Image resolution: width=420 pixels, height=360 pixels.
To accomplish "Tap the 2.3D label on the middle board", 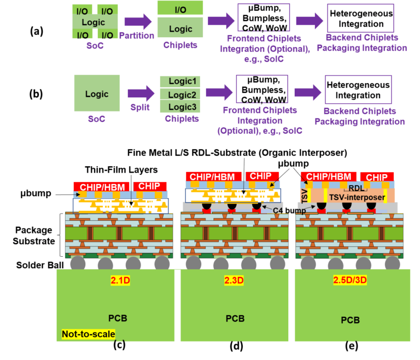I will coord(233,281).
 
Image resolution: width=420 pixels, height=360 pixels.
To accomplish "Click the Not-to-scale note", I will coord(88,334).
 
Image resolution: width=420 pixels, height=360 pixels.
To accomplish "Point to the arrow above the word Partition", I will coord(138,22).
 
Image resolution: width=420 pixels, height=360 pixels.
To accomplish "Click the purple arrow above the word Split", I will coord(141,93).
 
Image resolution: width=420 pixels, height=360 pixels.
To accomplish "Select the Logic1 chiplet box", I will coord(182,81).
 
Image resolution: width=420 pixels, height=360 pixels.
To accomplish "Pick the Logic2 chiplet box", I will coord(182,95).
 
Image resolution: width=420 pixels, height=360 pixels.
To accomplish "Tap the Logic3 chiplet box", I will coord(182,107).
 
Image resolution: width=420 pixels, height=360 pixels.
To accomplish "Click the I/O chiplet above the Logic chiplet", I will coord(180,9).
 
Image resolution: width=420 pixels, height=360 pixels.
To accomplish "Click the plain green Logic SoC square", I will coord(97,93).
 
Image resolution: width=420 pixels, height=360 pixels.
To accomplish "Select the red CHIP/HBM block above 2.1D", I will coord(101,186).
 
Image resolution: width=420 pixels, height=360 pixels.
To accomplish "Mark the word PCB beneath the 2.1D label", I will coord(118,318).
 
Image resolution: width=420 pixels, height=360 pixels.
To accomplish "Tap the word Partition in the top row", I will coord(137,36).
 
